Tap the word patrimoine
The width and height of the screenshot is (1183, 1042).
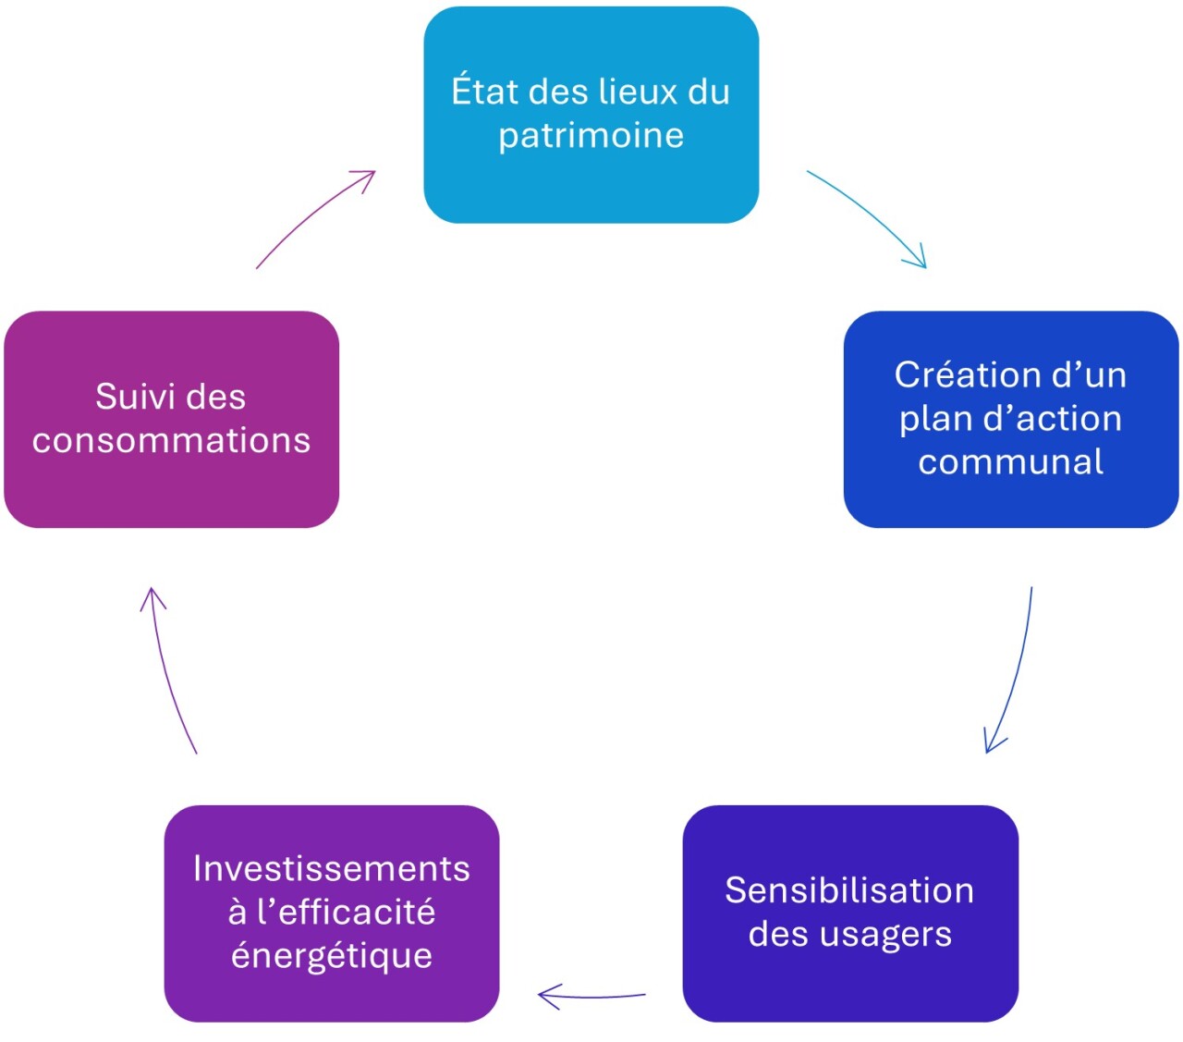[591, 136]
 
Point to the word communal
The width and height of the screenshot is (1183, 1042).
[1010, 461]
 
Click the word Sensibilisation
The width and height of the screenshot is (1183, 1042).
[849, 890]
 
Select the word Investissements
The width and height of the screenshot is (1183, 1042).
[331, 869]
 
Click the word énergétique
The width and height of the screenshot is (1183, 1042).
[332, 955]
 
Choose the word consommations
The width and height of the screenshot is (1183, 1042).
[171, 440]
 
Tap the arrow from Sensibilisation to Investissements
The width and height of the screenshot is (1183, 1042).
[591, 997]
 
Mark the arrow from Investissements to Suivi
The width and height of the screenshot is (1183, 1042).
[170, 669]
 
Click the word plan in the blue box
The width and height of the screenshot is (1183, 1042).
[933, 419]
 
